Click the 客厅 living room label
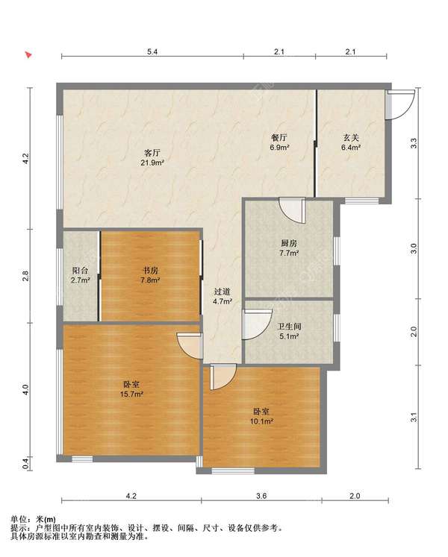[x=152, y=153]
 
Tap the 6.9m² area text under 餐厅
[x=279, y=147]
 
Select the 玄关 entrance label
[x=351, y=137]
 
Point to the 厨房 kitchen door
[x=293, y=210]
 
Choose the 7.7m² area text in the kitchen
[x=289, y=254]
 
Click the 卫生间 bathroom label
[x=289, y=326]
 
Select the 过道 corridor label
[x=223, y=292]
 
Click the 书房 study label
[x=150, y=271]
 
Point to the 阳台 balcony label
[x=80, y=271]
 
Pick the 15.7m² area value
[x=131, y=394]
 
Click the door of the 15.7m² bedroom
[x=190, y=346]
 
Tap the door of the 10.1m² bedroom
[x=223, y=377]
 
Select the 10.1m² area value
[x=261, y=421]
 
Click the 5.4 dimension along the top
[x=152, y=52]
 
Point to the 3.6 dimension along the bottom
[x=261, y=496]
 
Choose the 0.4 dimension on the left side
[x=25, y=464]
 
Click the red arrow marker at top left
[x=28, y=54]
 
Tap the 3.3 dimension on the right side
[x=414, y=143]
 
